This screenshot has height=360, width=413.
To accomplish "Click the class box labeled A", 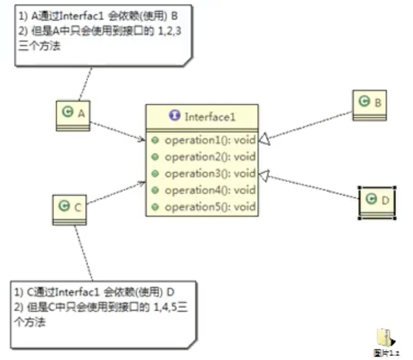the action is tap(73, 115).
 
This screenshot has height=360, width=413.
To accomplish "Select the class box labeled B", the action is tap(370, 105).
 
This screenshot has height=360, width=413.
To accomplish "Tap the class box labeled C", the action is tap(69, 209).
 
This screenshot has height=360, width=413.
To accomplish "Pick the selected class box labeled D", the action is tap(377, 202).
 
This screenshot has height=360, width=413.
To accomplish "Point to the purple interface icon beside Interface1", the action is tap(174, 116).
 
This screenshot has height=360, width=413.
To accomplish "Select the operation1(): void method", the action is tap(209, 141).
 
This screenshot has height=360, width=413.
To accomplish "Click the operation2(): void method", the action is tap(209, 157).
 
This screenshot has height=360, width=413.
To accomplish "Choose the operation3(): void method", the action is tap(209, 174).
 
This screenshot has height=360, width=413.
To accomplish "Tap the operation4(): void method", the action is tap(209, 190).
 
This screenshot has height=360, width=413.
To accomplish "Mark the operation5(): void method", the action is tap(209, 207).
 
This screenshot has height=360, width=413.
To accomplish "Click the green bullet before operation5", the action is tap(155, 207).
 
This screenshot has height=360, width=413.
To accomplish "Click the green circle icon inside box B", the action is tap(363, 101).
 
